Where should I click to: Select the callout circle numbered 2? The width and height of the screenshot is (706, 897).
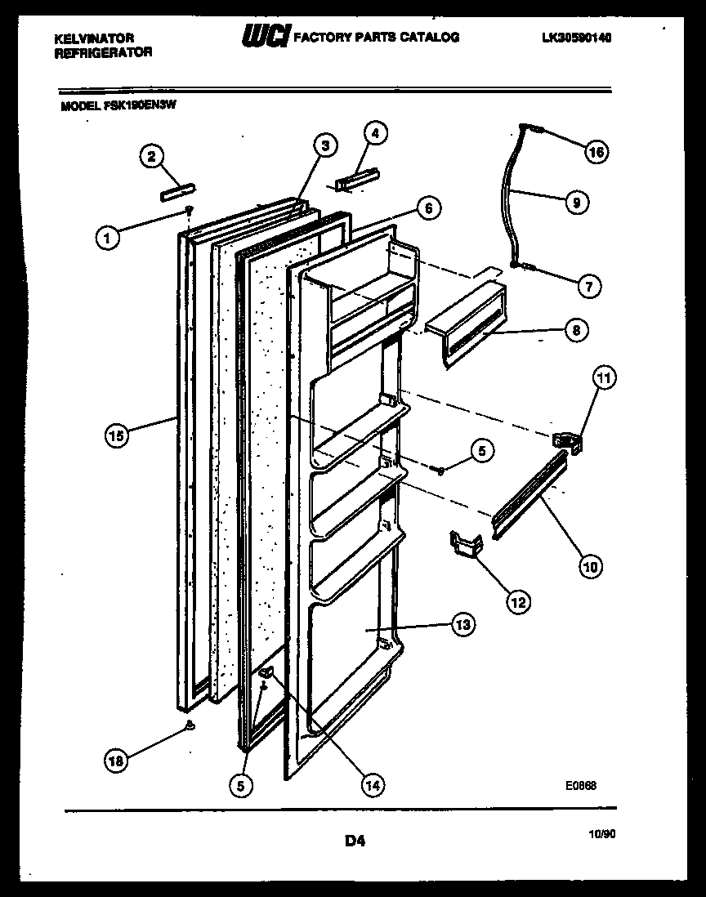tap(150, 156)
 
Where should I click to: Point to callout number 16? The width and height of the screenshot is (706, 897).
tap(597, 152)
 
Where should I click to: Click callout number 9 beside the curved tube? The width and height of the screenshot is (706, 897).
tap(576, 202)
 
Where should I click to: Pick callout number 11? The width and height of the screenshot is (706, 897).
tap(605, 378)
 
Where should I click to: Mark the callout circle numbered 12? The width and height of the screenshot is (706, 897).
tap(517, 602)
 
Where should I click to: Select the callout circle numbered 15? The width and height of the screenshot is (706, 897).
tap(118, 435)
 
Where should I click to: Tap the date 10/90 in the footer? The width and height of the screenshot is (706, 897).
tap(601, 832)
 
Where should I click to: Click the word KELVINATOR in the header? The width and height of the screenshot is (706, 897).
tap(94, 38)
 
